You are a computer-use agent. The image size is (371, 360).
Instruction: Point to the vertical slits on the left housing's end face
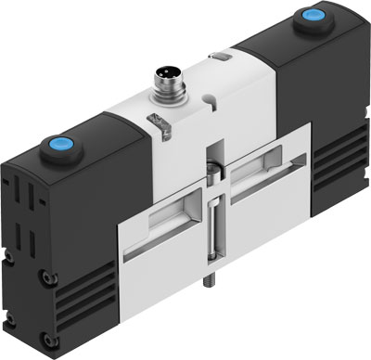coord(27,204)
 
